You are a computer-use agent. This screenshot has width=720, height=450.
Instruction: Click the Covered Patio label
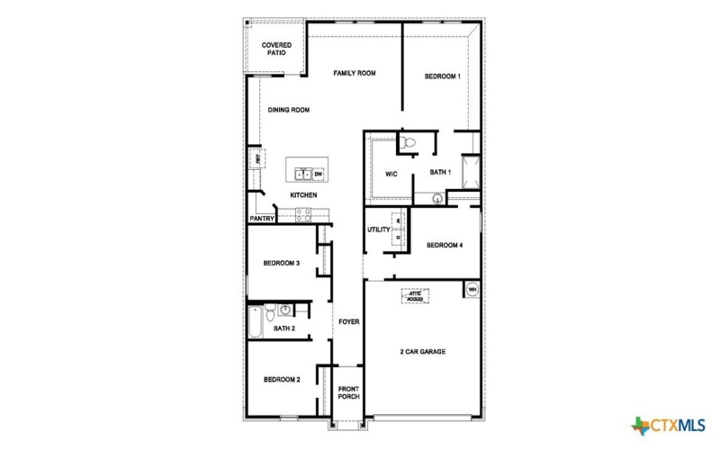(x=275, y=49)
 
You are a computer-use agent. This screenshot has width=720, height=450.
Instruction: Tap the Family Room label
(x=354, y=73)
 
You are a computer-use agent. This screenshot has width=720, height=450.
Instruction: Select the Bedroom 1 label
(x=443, y=76)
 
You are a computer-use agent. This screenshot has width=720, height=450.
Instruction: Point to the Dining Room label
(x=288, y=110)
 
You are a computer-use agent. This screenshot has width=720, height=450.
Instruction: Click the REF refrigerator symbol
(x=256, y=159)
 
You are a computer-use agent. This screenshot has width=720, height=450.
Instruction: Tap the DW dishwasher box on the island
(x=318, y=174)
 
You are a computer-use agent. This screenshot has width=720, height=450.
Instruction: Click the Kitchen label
(x=302, y=195)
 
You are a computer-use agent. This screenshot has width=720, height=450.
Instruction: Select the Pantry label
(x=261, y=218)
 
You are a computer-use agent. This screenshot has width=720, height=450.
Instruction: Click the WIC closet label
(x=391, y=174)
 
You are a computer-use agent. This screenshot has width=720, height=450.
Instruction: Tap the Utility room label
(x=378, y=229)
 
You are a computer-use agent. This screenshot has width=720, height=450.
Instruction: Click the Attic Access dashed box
(x=415, y=295)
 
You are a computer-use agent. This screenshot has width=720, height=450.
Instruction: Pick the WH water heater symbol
(x=472, y=290)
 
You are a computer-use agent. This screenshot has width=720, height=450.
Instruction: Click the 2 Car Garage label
(x=422, y=351)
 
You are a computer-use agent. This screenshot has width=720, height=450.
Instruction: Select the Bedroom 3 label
(x=281, y=264)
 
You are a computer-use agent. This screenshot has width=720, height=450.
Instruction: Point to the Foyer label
(x=348, y=321)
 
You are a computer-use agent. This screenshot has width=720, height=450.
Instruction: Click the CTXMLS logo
(x=670, y=425)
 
